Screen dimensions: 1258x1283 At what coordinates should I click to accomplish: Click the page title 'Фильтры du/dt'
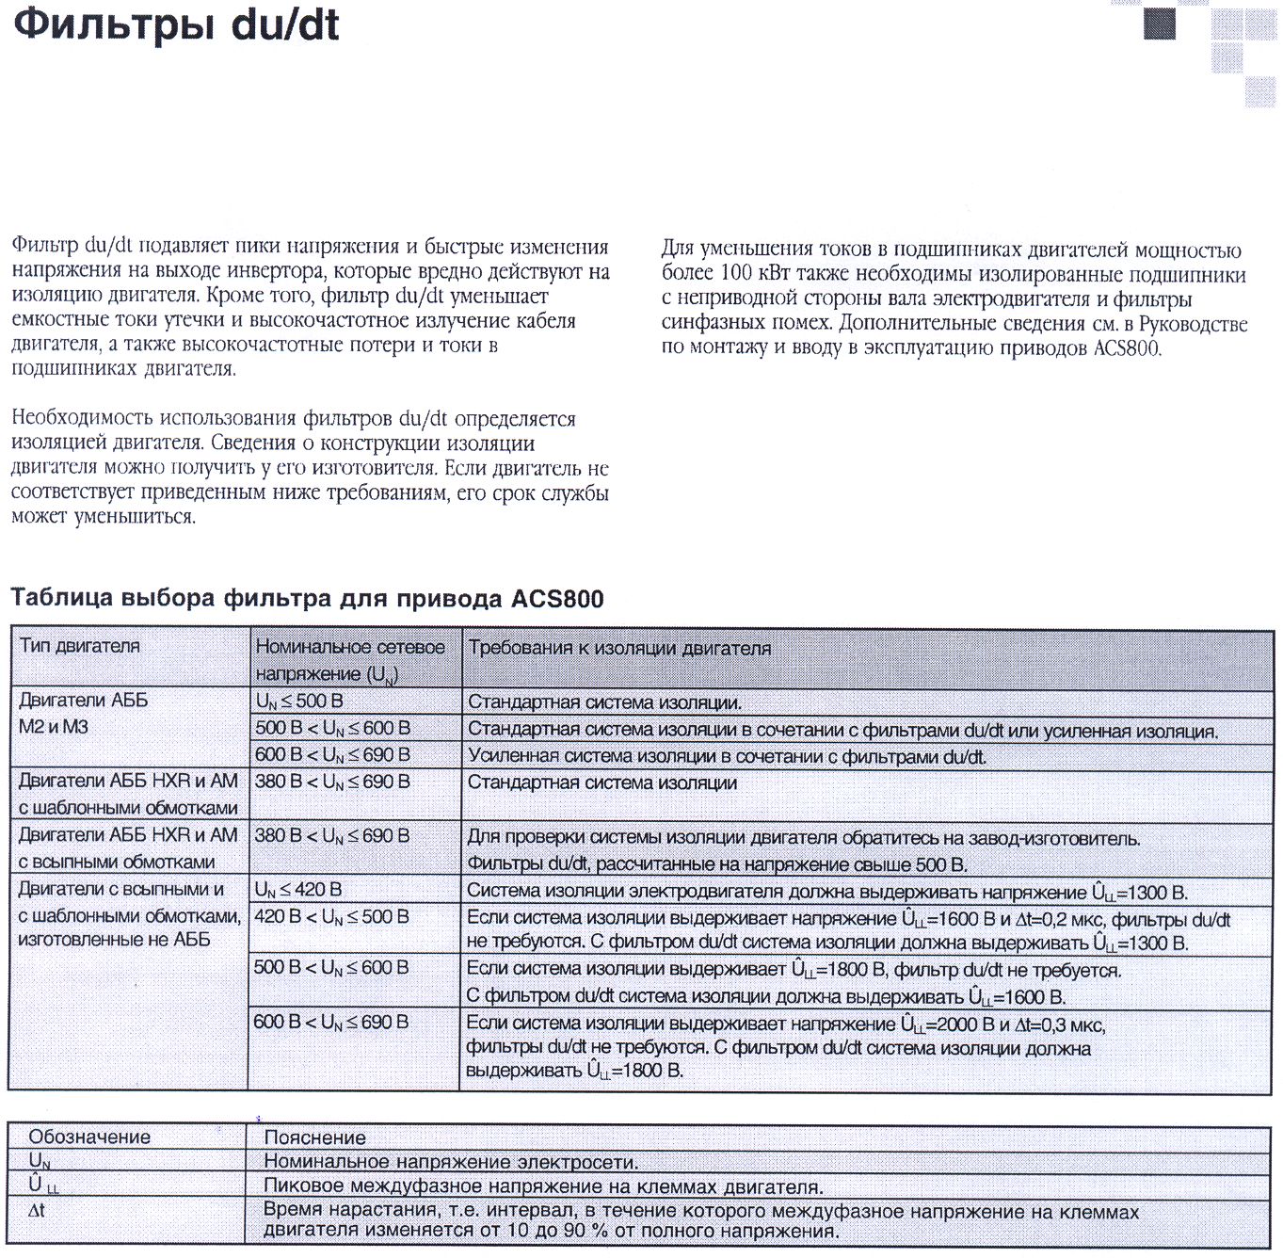point(176,25)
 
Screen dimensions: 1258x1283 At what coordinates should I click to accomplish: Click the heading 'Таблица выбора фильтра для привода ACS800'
point(307,599)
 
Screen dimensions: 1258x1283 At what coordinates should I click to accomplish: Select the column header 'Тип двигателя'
point(80,646)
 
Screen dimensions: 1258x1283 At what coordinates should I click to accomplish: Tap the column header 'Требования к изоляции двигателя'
point(619,648)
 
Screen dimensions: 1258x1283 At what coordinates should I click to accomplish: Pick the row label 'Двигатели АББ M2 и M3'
point(83,714)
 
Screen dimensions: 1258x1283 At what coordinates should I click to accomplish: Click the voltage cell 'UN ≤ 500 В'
point(299,702)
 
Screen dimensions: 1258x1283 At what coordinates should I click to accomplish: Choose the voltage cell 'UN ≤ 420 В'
point(298,890)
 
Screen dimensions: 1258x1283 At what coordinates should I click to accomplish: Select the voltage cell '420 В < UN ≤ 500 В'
point(331,917)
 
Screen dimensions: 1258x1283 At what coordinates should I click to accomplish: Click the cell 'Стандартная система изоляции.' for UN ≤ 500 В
point(604,702)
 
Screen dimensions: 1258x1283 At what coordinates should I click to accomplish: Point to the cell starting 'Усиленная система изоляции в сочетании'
point(727,756)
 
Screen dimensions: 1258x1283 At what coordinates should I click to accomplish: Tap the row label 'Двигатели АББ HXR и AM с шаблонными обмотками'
point(128,794)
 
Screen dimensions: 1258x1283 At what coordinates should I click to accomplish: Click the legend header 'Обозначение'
point(89,1137)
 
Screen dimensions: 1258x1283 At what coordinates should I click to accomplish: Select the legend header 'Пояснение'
point(314,1137)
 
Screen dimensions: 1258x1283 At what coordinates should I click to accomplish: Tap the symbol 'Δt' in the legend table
point(37,1210)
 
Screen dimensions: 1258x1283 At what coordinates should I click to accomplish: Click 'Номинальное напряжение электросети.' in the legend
point(451,1162)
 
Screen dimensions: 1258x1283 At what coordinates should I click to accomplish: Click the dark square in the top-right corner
point(1160,24)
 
